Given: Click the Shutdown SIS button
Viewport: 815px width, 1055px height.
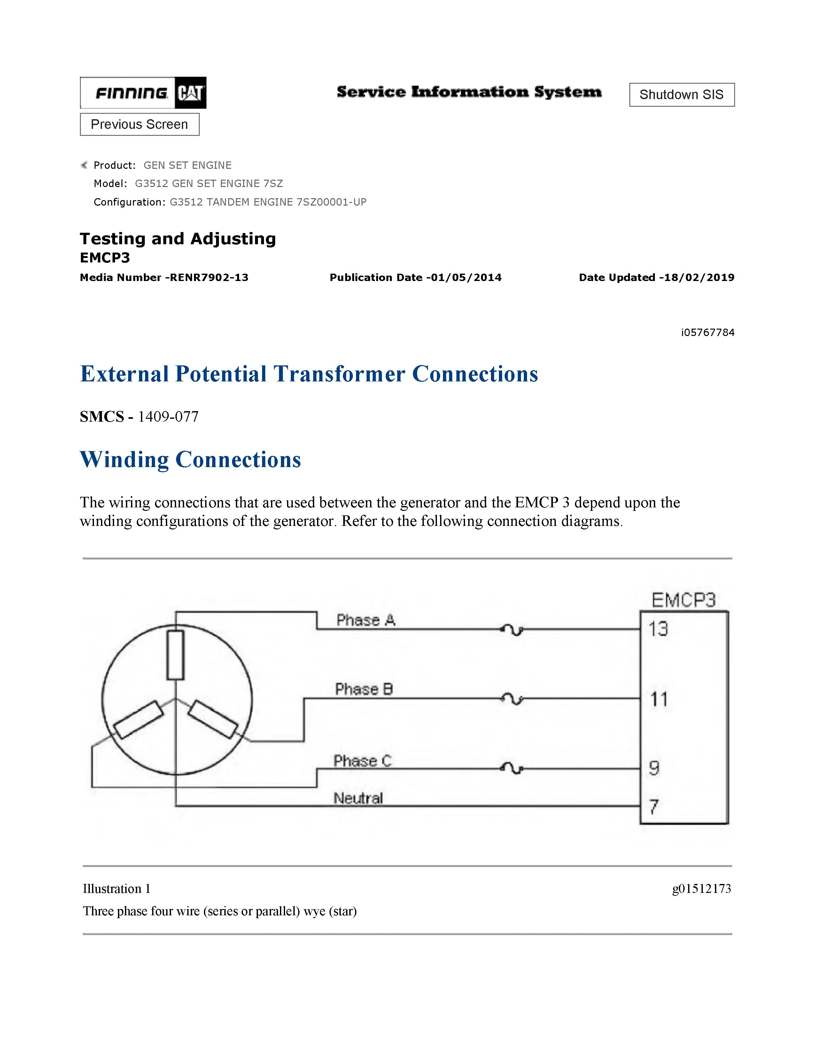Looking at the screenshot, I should tap(681, 95).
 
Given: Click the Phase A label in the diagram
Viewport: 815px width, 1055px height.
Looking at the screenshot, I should tap(366, 620).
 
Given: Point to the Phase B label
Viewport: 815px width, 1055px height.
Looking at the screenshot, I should tap(364, 689).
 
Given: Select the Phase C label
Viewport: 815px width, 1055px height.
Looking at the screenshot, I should tap(363, 761).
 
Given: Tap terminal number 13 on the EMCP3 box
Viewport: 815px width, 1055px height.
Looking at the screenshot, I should tap(658, 629).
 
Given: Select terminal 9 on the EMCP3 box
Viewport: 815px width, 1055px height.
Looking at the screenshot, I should tap(654, 768).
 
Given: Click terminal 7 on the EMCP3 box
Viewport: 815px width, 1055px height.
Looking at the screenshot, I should tap(654, 806).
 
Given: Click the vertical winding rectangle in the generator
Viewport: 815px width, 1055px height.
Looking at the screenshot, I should tap(175, 655).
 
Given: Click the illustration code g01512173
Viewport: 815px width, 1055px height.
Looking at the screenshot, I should tap(701, 888).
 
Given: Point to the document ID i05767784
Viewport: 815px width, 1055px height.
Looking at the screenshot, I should tap(707, 332).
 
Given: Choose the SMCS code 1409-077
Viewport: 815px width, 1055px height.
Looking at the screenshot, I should tap(168, 416).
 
